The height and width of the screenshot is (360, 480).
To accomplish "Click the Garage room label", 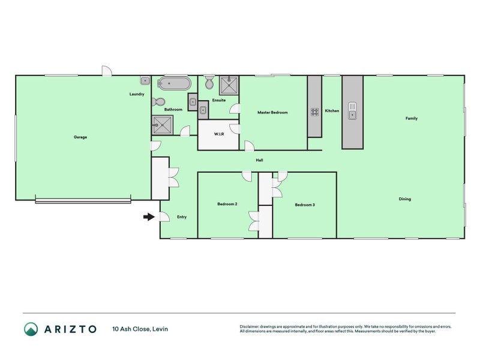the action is click(80, 137).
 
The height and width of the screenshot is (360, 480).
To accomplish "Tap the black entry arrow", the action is click(149, 217).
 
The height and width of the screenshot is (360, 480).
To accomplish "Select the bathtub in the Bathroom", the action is click(174, 83).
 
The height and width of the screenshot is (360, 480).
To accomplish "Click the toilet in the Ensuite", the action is click(209, 82).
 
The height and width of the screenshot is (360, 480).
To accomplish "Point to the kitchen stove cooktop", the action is click(314, 112).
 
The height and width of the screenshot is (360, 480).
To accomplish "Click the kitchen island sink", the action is click(352, 111).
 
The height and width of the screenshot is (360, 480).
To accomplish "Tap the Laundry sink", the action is click(145, 80).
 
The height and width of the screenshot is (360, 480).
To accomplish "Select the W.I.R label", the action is click(219, 134).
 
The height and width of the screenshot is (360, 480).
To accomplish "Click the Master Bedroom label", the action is click(272, 112).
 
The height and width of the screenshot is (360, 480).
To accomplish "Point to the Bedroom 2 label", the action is click(227, 204).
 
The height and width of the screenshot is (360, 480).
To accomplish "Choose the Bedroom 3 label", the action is click(305, 205).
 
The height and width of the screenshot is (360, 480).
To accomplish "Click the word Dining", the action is click(404, 199).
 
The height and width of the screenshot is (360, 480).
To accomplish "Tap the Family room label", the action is click(412, 118).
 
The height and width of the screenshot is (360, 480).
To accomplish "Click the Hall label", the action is click(259, 160).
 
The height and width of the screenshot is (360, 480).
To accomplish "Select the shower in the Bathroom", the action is click(163, 125).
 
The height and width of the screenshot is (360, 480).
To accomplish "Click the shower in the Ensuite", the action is click(229, 85).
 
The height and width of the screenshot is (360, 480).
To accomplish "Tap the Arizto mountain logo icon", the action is click(31, 329).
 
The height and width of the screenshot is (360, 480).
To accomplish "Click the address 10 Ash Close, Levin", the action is click(140, 329).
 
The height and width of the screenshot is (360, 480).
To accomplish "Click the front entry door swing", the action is click(164, 217).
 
